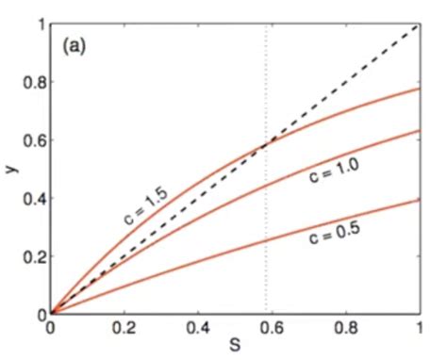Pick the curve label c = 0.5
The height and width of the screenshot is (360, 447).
point(329,237)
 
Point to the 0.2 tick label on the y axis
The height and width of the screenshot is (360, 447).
point(34,256)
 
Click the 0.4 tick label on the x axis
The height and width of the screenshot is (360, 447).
point(199,329)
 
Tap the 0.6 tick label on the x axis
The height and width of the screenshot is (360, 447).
point(272,329)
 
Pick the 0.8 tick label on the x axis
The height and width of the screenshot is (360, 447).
point(345,329)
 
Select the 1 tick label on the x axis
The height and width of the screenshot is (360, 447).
point(419,329)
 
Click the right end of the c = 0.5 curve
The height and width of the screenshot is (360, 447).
point(419,199)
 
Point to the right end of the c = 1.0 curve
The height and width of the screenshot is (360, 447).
point(419,130)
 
